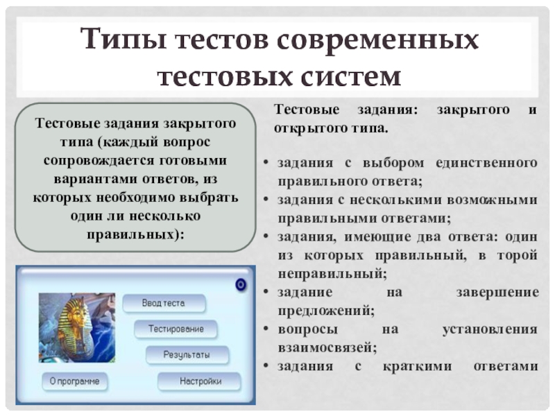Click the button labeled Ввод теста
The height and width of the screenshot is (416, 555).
point(164,303)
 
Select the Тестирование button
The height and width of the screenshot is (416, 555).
point(176,329)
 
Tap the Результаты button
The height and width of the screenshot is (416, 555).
point(187,355)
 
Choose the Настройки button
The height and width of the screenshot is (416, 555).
point(199,381)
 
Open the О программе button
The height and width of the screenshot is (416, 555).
point(75,381)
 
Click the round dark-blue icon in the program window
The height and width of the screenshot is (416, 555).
point(241,284)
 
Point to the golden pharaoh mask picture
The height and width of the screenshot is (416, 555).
point(77,327)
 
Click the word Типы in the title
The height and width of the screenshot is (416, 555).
point(123,39)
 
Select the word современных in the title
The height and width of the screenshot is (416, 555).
point(378,40)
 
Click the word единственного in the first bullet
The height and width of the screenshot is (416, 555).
point(487,163)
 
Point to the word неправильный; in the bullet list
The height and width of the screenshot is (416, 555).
point(332,274)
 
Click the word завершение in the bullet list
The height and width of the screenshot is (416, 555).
point(497,292)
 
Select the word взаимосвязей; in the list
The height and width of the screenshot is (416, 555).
point(327,348)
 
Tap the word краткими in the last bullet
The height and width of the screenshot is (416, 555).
point(418,366)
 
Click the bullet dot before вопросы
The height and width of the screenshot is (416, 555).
point(266,329)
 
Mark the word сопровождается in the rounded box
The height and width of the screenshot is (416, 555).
point(99,161)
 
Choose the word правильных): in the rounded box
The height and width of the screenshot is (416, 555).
point(135,234)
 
